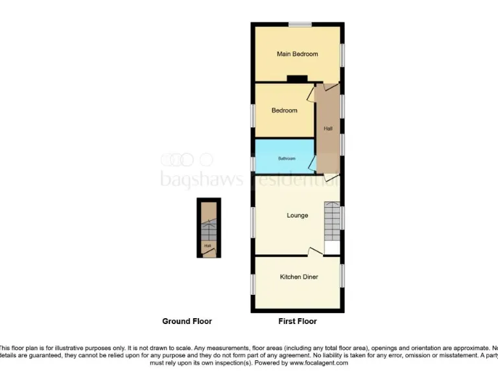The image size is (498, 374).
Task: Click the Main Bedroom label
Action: tap(297, 54)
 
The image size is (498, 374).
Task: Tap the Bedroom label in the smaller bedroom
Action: tap(284, 110)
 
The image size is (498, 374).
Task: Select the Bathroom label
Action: tap(287, 158)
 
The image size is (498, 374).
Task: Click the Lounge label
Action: tap(297, 216)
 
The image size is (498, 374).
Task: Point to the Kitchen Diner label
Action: tap(299, 277)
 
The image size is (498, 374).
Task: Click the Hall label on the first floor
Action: tap(328, 129)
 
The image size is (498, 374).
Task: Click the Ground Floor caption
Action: tap(187, 321)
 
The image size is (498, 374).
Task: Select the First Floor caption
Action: tap(297, 321)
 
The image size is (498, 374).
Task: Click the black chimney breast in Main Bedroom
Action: tap(297, 80)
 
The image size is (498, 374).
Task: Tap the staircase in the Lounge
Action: tap(332, 221)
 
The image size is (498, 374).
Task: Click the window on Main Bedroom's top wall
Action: tap(300, 25)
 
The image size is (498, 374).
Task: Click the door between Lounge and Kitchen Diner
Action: tap(315, 252)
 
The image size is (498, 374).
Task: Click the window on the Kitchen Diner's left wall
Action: tap(253, 284)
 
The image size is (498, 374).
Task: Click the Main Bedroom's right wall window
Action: tap(342, 55)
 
